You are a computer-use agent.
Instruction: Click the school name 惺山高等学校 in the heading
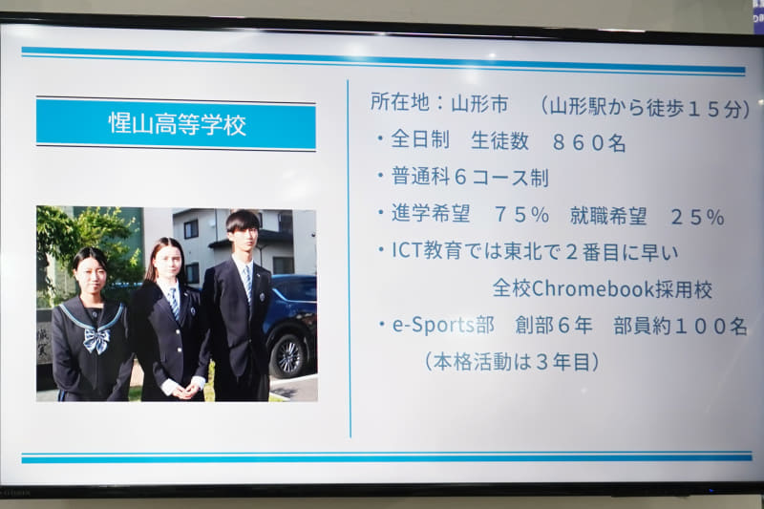[x=177, y=125]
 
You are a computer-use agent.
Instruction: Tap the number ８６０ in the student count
[x=589, y=142]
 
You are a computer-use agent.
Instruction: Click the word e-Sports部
[x=443, y=325]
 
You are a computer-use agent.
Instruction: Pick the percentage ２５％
[x=711, y=217]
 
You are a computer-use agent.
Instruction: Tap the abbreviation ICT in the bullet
[x=409, y=251]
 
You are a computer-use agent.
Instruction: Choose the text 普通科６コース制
[x=470, y=178]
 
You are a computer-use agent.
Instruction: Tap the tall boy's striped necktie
[x=247, y=284]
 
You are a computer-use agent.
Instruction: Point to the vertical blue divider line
[x=348, y=258]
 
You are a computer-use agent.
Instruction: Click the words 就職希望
[x=608, y=216]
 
